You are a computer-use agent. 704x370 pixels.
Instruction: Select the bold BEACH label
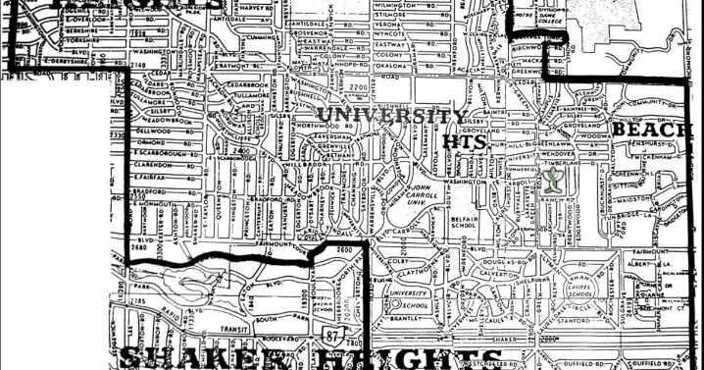tap(651, 130)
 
